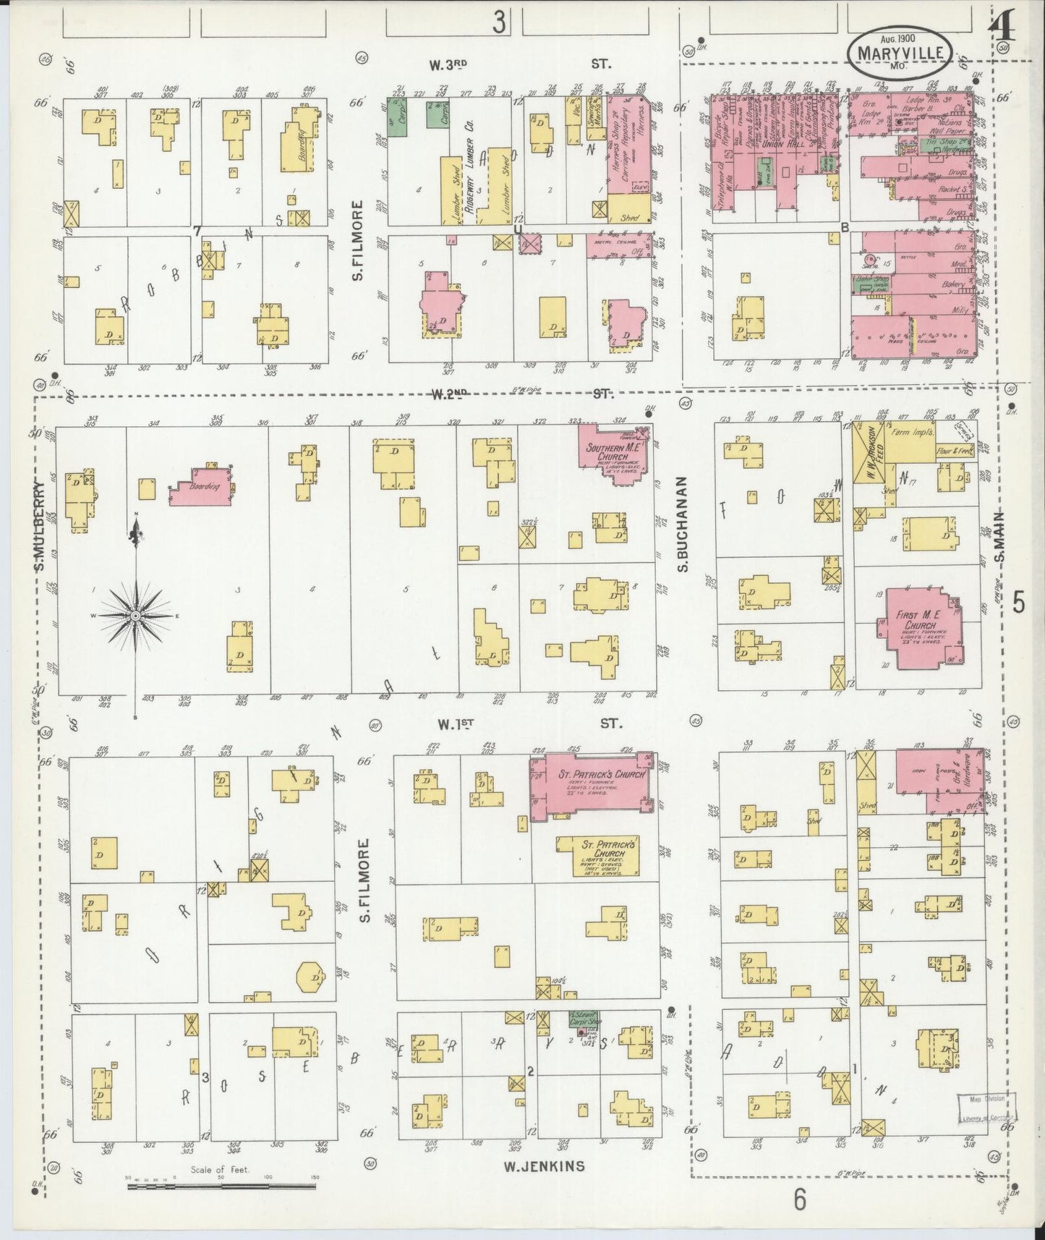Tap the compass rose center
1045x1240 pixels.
pos(135,615)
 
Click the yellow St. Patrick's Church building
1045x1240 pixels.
pos(599,857)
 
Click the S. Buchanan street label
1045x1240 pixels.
pos(682,523)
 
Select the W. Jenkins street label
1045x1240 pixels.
pos(545,1165)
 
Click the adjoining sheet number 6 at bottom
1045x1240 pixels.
pos(799,1199)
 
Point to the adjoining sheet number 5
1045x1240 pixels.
pos(1018,602)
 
